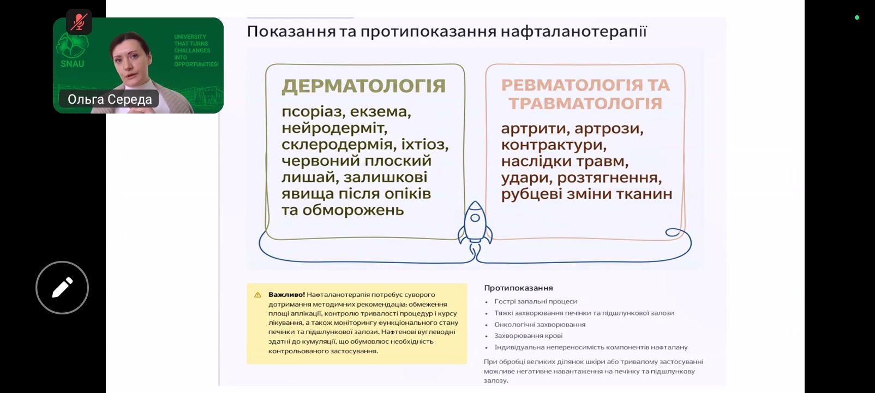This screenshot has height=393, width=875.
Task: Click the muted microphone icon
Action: (x=79, y=22)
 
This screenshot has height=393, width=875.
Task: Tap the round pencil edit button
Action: (x=62, y=288)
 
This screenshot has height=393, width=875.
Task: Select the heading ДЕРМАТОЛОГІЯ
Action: (x=363, y=86)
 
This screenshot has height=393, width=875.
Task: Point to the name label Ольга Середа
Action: (x=109, y=99)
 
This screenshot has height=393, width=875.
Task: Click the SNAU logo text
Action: (x=72, y=63)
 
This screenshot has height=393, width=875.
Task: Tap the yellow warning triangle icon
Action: (x=258, y=295)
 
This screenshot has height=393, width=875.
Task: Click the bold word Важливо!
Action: (x=287, y=294)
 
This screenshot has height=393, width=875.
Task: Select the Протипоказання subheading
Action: (x=518, y=288)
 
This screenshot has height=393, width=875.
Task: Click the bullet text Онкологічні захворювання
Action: (x=540, y=324)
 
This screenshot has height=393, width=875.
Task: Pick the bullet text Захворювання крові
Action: (x=529, y=336)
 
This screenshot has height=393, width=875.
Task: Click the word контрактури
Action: (x=554, y=145)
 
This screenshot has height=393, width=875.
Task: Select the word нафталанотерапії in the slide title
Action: (x=574, y=32)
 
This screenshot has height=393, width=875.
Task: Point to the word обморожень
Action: (x=353, y=210)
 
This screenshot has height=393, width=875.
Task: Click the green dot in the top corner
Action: (x=857, y=17)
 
